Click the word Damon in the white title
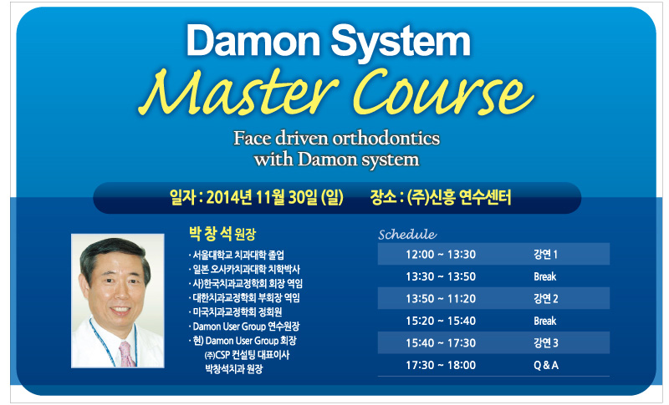click(x=253, y=40)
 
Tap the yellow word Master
click(x=239, y=93)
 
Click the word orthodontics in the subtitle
click(x=386, y=139)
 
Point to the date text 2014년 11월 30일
click(x=263, y=197)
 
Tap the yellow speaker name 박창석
click(x=211, y=233)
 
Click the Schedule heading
click(x=407, y=234)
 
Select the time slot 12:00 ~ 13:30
click(x=441, y=254)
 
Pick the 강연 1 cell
click(x=545, y=254)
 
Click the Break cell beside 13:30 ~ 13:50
click(x=545, y=276)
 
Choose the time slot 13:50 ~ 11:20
click(x=441, y=299)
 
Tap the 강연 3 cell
click(x=546, y=343)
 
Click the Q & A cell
click(x=546, y=365)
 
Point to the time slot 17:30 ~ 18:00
click(x=441, y=365)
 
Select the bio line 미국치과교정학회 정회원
click(x=237, y=312)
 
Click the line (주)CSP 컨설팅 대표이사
click(x=247, y=355)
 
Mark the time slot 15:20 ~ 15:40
click(x=441, y=321)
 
